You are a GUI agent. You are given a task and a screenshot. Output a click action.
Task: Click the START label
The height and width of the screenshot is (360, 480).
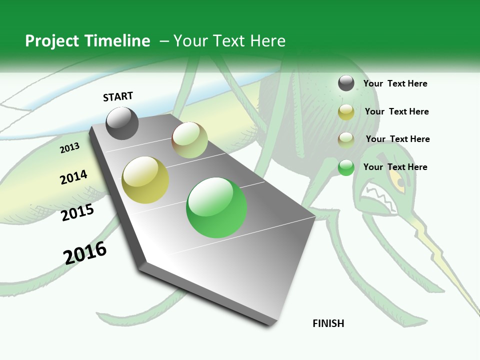(118, 96)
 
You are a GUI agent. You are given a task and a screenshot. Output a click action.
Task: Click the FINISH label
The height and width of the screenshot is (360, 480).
(328, 323)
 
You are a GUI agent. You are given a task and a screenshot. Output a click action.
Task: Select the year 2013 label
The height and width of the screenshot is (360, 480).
(69, 148)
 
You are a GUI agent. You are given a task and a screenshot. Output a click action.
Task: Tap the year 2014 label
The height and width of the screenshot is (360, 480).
(73, 177)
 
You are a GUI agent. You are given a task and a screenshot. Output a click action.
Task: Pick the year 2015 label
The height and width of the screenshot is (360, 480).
(77, 212)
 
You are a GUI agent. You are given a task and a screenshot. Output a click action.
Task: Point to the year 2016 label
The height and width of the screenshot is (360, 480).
(85, 252)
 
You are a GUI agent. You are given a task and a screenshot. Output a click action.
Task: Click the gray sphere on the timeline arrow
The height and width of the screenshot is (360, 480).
(122, 123)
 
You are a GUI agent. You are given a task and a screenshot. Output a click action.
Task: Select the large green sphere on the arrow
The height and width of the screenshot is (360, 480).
(216, 207)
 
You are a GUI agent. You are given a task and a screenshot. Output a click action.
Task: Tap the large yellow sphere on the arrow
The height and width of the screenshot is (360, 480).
(145, 180)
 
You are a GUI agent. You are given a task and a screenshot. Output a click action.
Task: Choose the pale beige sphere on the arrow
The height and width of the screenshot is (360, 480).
(189, 140)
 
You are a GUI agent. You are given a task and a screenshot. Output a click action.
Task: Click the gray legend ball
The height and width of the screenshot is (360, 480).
(346, 83)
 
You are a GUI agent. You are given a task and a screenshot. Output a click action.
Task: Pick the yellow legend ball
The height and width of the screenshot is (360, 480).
(346, 112)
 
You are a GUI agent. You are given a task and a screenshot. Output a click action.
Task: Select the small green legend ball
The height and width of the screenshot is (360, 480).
(346, 167)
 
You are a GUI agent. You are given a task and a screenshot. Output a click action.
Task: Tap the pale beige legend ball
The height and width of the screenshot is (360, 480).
(346, 139)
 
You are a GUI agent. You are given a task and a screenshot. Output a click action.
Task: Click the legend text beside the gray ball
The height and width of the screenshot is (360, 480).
(395, 83)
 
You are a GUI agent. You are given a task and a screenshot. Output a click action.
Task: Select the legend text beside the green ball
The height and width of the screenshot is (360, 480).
(395, 167)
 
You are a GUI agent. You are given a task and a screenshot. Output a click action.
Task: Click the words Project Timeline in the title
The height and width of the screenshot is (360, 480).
(87, 41)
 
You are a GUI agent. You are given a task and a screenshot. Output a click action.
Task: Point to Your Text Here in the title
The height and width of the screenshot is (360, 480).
(229, 41)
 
